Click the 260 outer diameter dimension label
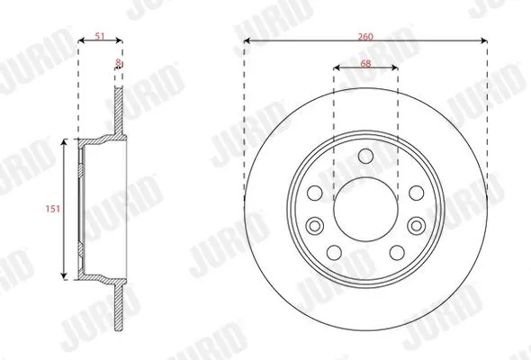(365, 37)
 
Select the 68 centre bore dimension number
(365, 63)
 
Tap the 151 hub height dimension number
(53, 209)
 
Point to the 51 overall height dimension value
(100, 36)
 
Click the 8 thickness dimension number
(118, 63)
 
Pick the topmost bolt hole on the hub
(365, 156)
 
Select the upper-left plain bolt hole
(315, 193)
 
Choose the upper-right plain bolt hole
(417, 193)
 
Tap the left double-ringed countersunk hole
(315, 226)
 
